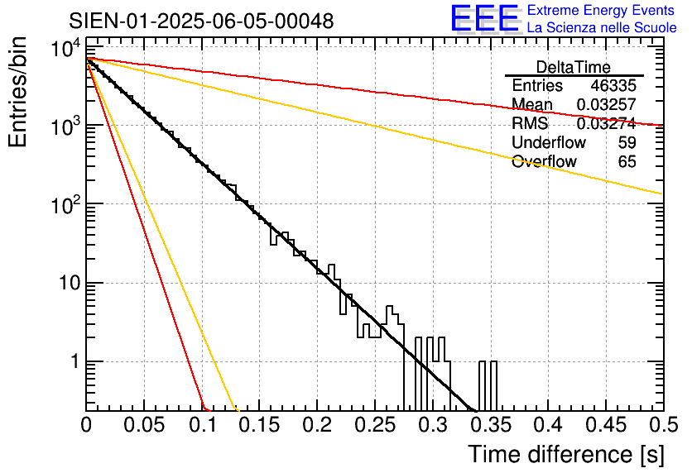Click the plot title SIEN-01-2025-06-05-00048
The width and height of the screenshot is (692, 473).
[x=201, y=21]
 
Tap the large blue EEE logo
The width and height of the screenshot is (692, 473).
[x=485, y=20]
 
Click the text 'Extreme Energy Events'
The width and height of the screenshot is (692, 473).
[x=602, y=11]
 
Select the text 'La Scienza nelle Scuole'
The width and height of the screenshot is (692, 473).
[x=602, y=28]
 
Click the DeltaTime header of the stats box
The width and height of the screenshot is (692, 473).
[x=573, y=67]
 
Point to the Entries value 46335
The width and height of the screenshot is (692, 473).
[x=613, y=86]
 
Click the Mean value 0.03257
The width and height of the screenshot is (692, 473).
[x=607, y=105]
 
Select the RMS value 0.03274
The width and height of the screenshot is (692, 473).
[x=607, y=124]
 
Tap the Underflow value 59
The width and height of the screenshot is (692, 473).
[x=627, y=143]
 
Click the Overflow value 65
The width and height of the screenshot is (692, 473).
[x=627, y=162]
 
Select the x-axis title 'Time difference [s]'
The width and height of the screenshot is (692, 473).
[x=564, y=454]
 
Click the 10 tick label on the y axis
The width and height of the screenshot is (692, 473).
[x=66, y=284]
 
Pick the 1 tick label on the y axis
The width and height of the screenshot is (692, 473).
[x=73, y=362]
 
